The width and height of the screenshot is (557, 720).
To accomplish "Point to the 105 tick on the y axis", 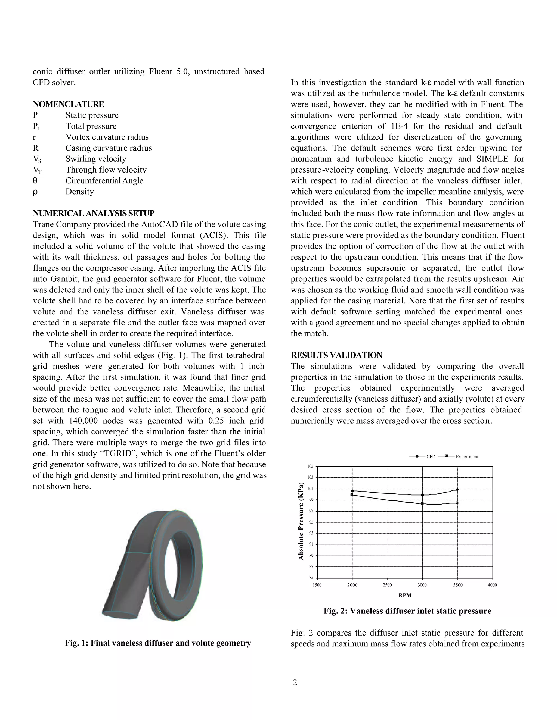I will (311, 466).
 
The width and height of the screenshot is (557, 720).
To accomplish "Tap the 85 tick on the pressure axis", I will (311, 578).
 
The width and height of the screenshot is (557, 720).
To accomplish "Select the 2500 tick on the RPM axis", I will (387, 585).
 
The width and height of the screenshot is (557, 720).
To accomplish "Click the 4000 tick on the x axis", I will (492, 585).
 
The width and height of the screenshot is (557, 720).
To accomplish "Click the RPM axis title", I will (405, 595).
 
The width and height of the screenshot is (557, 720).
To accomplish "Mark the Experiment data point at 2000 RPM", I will (352, 494).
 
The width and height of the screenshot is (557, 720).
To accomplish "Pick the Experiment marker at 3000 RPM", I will (422, 503).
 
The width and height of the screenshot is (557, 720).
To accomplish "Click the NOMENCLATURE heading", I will (68, 104).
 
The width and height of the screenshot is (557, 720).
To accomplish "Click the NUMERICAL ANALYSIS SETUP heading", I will (94, 213).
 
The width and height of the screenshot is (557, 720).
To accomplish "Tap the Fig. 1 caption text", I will (158, 643).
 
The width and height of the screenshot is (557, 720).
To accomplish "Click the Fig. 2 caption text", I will (407, 611).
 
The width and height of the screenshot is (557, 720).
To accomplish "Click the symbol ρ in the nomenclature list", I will (35, 192).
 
